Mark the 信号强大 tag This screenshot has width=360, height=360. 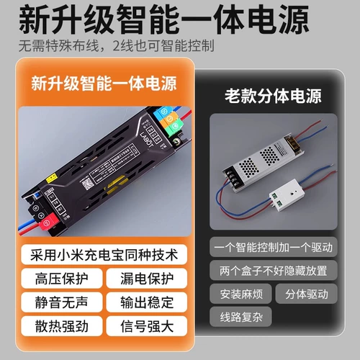(x=150, y=325)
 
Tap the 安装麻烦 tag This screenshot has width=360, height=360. (x=241, y=294)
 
